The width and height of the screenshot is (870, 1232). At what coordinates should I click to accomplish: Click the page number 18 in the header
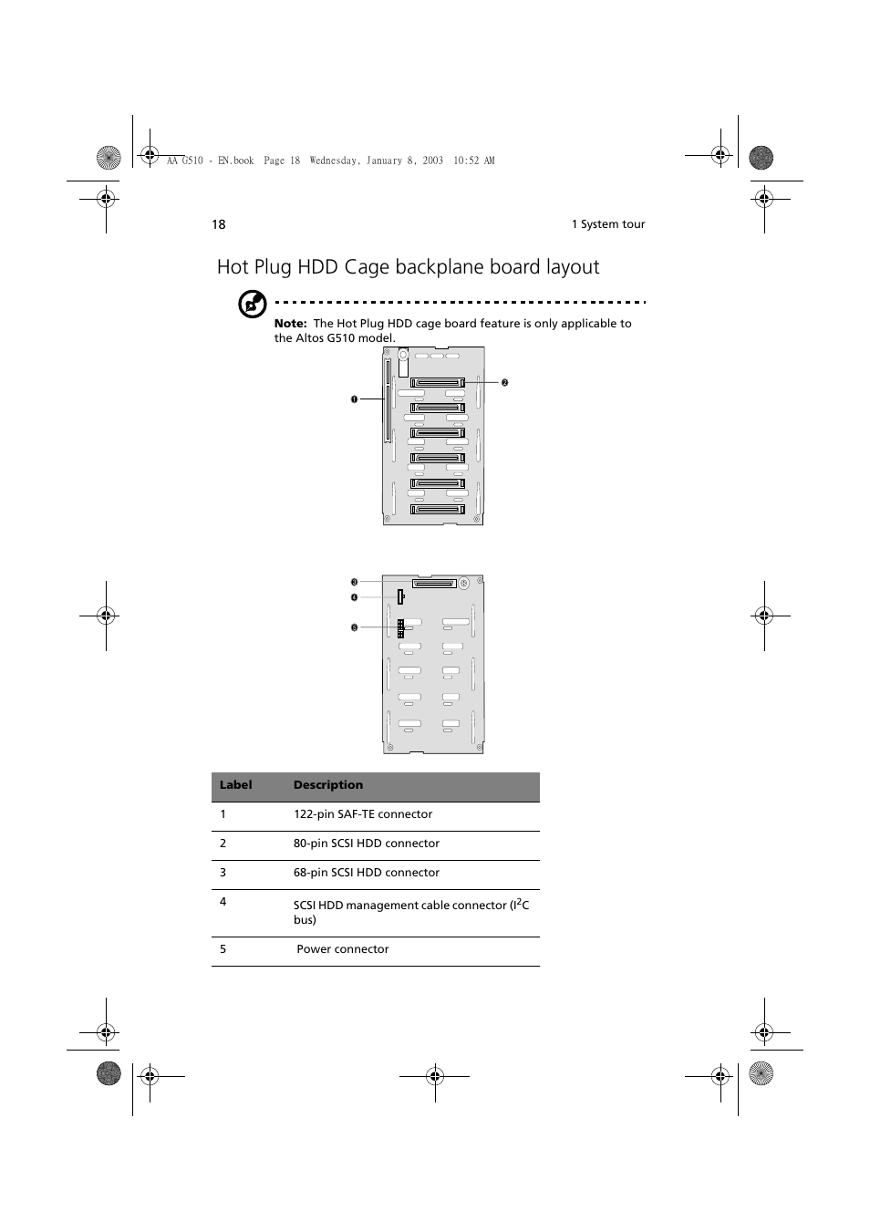pos(219,224)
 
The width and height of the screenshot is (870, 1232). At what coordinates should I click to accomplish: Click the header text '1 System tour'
pos(607,224)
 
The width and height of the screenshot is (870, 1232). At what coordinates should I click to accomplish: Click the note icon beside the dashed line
pos(252,304)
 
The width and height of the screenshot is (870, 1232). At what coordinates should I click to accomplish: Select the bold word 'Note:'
pos(290,324)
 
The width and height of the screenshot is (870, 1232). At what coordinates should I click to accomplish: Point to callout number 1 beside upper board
pos(355,399)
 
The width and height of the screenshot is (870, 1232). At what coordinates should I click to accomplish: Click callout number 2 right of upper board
pos(504,383)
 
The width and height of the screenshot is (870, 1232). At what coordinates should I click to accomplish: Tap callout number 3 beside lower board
pos(355,582)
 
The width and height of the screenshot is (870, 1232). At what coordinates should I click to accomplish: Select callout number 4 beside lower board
pos(355,597)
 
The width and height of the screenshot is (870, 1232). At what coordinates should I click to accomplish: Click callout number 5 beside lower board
pos(355,627)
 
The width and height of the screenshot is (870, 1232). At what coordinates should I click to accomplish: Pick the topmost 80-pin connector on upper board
pos(438,383)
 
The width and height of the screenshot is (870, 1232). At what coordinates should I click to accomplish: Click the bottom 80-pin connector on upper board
pos(438,509)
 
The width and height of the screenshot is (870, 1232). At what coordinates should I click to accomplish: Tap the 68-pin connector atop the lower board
pos(434,583)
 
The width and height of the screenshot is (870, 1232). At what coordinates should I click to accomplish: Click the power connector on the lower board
pos(400,627)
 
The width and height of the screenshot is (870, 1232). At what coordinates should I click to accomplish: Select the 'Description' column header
pos(328,785)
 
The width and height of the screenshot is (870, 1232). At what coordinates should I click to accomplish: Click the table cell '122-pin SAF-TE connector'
pos(363,814)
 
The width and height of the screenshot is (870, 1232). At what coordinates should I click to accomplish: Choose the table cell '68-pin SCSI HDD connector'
pos(367,873)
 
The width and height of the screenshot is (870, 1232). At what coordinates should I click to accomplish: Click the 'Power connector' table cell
pos(343,949)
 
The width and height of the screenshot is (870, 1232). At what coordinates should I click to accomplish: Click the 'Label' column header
pos(235,785)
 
